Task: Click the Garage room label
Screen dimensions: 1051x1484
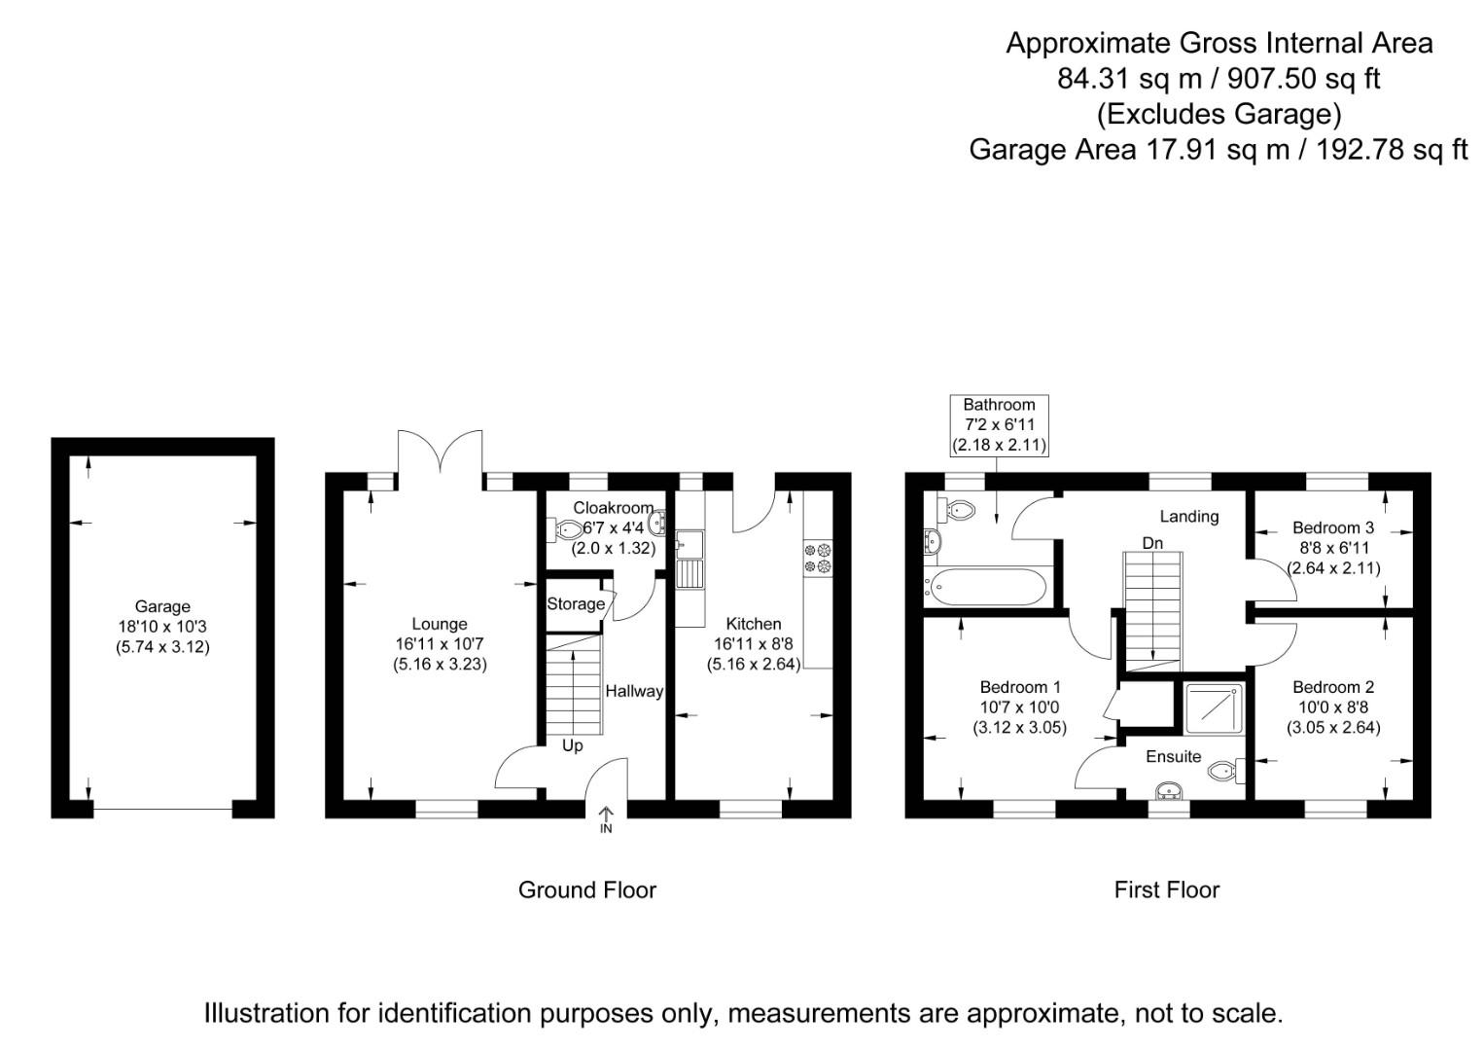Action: coord(162,606)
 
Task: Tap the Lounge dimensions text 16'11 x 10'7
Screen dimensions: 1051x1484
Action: coord(440,644)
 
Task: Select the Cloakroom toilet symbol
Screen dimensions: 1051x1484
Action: coord(568,529)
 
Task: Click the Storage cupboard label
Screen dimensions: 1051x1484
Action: coord(575,604)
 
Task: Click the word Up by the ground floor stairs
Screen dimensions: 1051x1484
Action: coord(573,745)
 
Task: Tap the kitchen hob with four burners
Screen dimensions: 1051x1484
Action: coord(817,558)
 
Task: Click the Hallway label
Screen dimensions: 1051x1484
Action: coord(634,691)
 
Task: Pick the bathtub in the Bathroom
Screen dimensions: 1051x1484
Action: coord(987,587)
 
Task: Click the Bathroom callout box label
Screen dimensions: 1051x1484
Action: coord(999,405)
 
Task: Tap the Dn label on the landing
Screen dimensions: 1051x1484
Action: coord(1152,543)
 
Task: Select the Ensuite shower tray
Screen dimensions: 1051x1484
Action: coord(1214,707)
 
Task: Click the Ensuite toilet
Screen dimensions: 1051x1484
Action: coord(1222,772)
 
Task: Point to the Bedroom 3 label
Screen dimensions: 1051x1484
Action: coord(1333,527)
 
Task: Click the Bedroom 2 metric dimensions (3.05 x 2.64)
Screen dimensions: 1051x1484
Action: coord(1333,728)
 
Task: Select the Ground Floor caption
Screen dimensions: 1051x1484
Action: coord(586,889)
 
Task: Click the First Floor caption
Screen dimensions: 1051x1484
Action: coord(1166,889)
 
